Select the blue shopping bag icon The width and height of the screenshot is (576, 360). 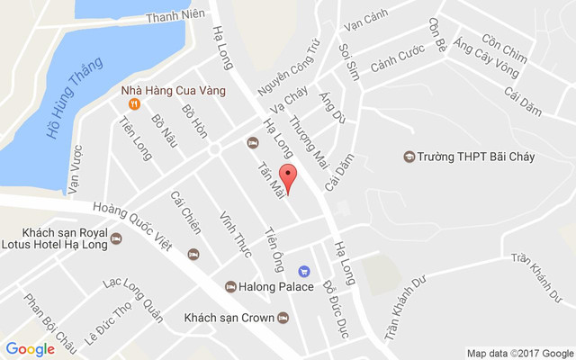[x=304, y=271]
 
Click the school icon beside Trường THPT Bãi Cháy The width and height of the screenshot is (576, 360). [x=409, y=157]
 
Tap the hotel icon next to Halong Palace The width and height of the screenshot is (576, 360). [x=230, y=287]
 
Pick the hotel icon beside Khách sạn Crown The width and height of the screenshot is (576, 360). [x=283, y=317]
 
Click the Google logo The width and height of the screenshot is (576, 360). [x=30, y=349]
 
